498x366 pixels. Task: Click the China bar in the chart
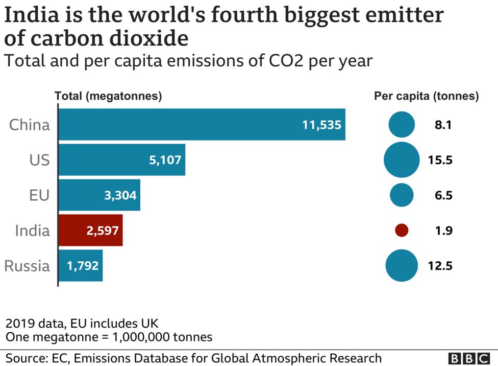pos(202,124)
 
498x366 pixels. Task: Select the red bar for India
pos(90,231)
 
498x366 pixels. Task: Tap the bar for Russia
pos(81,266)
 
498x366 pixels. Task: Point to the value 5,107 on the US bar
pos(165,160)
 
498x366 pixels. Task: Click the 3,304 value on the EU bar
pos(120,195)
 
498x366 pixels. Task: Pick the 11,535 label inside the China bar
pos(321,125)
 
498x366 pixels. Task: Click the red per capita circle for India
pos(402,231)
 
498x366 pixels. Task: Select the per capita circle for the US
pos(402,160)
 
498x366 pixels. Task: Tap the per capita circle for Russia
pos(402,266)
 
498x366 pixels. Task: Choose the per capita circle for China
pos(402,125)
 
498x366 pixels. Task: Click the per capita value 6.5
pos(443,195)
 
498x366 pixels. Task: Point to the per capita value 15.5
pos(441,160)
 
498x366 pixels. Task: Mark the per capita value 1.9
pos(443,231)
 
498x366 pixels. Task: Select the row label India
pos(32,231)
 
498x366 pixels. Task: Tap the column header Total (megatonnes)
pos(108,96)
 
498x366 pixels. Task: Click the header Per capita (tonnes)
pos(427,96)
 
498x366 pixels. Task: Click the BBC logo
pos(469,358)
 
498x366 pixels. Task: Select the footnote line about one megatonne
pos(109,337)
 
